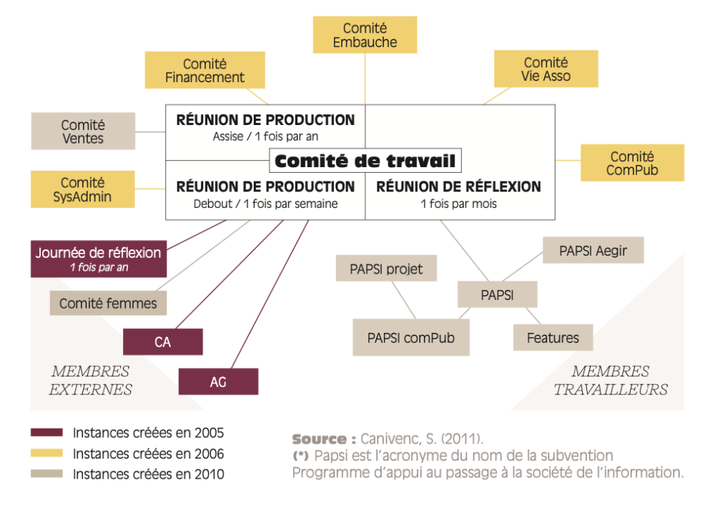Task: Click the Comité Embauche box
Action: (x=365, y=35)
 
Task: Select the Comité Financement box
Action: (x=205, y=70)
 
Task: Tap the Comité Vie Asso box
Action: (x=546, y=69)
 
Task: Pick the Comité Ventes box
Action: (x=83, y=131)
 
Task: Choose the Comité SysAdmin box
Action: (x=83, y=189)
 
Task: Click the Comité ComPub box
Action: (x=632, y=163)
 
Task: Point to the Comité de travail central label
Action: (x=365, y=161)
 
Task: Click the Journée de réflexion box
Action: (x=99, y=259)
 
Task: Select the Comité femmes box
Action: (x=108, y=303)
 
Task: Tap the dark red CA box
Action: (x=163, y=341)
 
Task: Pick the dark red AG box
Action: (x=218, y=381)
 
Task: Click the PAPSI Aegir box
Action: (x=593, y=251)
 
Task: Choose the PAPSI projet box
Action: (x=386, y=269)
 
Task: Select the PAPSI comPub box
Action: (x=411, y=337)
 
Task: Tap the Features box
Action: (x=553, y=337)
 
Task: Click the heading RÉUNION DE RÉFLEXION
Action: (x=459, y=186)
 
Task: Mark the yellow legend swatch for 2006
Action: (x=47, y=453)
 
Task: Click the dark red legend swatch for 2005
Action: (x=47, y=432)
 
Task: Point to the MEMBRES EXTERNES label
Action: (x=90, y=380)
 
